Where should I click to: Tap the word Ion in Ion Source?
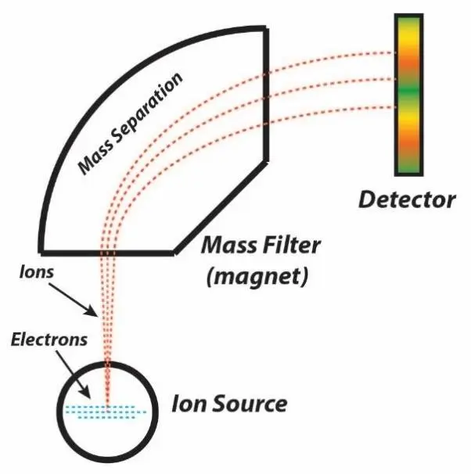[190, 404]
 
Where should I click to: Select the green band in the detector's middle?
[407, 93]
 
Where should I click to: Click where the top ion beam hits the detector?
[396, 54]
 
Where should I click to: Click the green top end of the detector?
[407, 21]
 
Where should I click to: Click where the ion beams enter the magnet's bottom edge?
[108, 253]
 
